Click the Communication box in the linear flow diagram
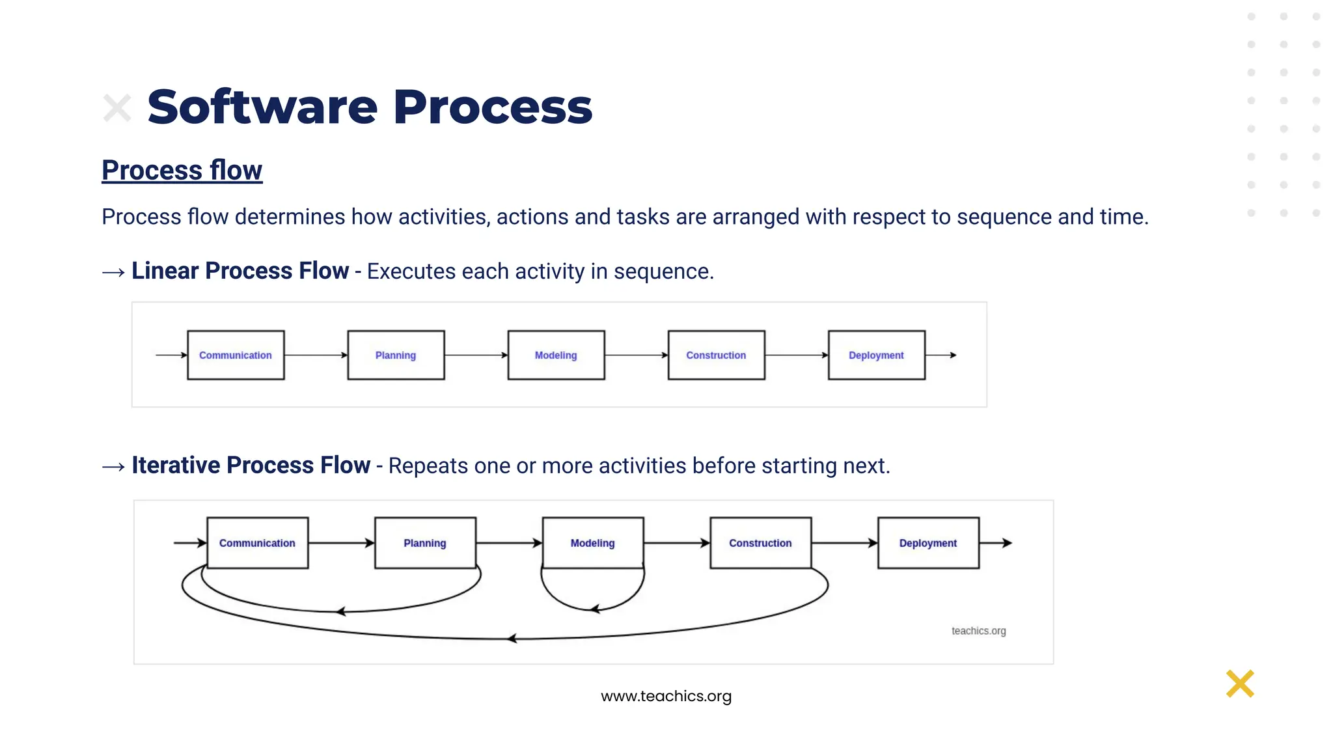click(x=236, y=355)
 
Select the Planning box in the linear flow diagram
click(x=396, y=355)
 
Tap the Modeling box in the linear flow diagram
click(x=556, y=355)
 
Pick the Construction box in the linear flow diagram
click(x=716, y=355)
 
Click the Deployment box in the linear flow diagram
click(x=876, y=355)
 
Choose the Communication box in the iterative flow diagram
click(x=257, y=543)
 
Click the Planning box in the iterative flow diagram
click(x=425, y=543)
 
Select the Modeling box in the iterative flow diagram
click(x=592, y=543)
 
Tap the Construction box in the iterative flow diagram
click(x=760, y=543)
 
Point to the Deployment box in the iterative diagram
click(x=928, y=543)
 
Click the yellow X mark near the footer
click(x=1240, y=684)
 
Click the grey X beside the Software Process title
click(x=117, y=108)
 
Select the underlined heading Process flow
click(x=182, y=171)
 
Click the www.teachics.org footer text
click(x=666, y=696)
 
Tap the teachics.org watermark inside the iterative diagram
click(x=978, y=631)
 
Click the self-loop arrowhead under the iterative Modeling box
click(x=594, y=609)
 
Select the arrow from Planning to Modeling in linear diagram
click(x=476, y=355)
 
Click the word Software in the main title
click(x=262, y=107)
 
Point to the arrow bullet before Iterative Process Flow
click(x=113, y=467)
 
